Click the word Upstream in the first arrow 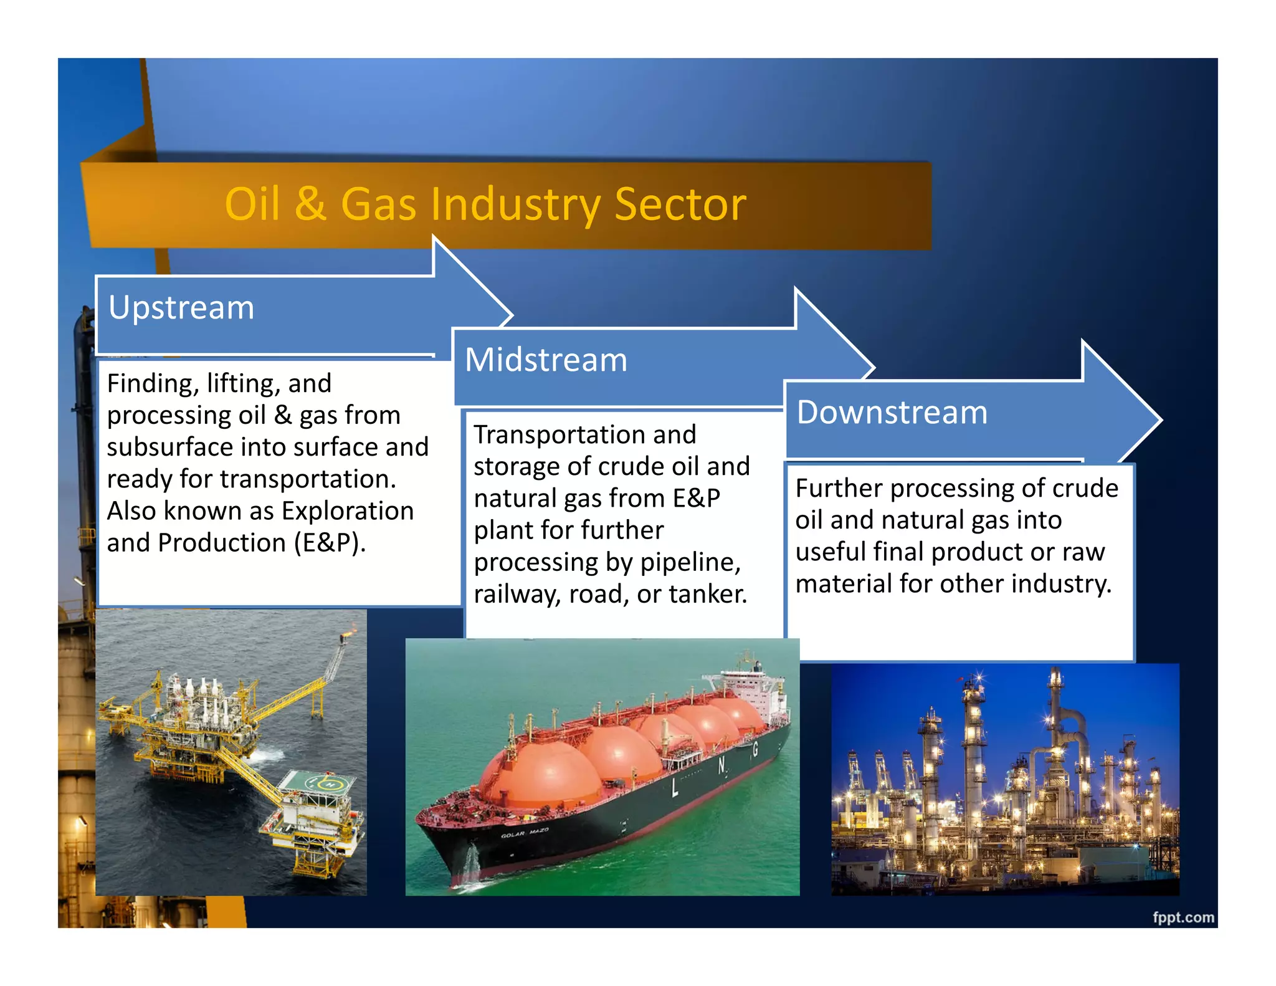[x=181, y=307]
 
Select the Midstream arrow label [x=546, y=360]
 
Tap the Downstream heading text [x=892, y=412]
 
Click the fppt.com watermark [x=1183, y=917]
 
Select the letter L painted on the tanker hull [x=675, y=788]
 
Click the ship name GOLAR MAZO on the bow [x=524, y=833]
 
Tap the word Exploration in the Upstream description [x=347, y=511]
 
